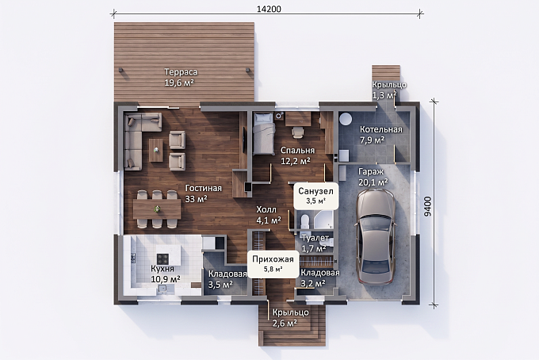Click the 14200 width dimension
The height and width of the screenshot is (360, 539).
(269, 9)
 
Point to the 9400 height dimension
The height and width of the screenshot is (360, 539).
(427, 206)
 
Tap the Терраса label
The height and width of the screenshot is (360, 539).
(181, 72)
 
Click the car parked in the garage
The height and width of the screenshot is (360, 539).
(375, 236)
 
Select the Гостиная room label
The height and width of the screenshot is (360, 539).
(204, 189)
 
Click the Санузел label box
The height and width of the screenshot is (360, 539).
(316, 195)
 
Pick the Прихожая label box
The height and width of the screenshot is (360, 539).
(273, 264)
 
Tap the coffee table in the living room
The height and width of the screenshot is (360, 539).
(156, 150)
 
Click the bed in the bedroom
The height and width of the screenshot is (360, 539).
(264, 134)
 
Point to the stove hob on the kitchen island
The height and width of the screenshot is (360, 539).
(163, 259)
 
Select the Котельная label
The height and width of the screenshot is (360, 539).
(381, 129)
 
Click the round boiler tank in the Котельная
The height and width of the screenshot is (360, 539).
(345, 119)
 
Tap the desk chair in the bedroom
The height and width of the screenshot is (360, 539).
(298, 132)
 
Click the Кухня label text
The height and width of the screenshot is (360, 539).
(162, 269)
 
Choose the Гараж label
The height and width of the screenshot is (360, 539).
(371, 171)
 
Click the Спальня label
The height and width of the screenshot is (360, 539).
(298, 150)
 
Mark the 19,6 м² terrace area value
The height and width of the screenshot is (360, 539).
(179, 82)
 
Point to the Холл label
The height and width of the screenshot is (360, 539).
(266, 209)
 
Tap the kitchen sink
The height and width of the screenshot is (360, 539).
(162, 289)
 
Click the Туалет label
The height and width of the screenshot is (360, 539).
(315, 238)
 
